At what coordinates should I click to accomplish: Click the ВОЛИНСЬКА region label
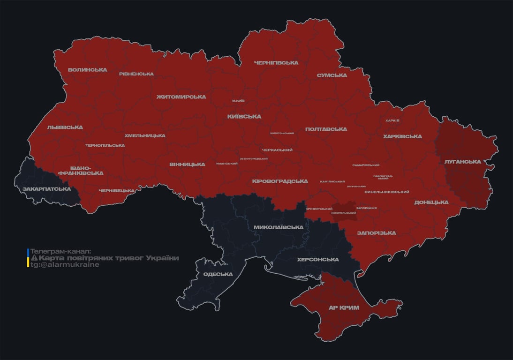pyautogui.click(x=87, y=70)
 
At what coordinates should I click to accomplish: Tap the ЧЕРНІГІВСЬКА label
pyautogui.click(x=276, y=62)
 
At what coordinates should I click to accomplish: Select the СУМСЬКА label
pyautogui.click(x=332, y=75)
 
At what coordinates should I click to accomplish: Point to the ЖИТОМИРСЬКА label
pyautogui.click(x=181, y=97)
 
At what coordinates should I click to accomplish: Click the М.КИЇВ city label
pyautogui.click(x=238, y=101)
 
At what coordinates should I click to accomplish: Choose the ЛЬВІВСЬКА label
pyautogui.click(x=65, y=127)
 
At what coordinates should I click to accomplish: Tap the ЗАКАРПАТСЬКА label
pyautogui.click(x=46, y=189)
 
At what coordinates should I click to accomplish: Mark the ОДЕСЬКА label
pyautogui.click(x=218, y=274)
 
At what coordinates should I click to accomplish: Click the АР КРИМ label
pyautogui.click(x=344, y=307)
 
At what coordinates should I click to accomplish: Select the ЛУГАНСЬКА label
pyautogui.click(x=462, y=162)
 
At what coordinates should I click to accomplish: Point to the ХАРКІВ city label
pyautogui.click(x=392, y=120)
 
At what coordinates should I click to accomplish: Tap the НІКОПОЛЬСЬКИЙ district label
pyautogui.click(x=343, y=213)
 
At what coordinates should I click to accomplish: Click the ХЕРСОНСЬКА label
pyautogui.click(x=318, y=259)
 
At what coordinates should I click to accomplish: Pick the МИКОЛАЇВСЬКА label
pyautogui.click(x=278, y=227)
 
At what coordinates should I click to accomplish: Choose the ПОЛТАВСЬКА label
pyautogui.click(x=326, y=129)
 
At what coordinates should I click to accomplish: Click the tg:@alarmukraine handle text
pyautogui.click(x=65, y=265)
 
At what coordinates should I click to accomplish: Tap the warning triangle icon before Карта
pyautogui.click(x=34, y=258)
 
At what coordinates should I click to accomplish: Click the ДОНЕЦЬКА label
pyautogui.click(x=431, y=202)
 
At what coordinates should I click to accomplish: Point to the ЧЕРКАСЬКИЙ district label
pyautogui.click(x=277, y=150)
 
